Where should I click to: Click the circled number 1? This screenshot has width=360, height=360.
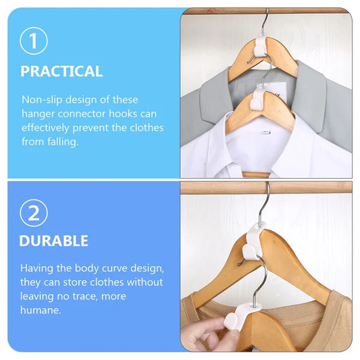pyautogui.click(x=34, y=41)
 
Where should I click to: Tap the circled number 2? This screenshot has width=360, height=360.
pyautogui.click(x=34, y=213)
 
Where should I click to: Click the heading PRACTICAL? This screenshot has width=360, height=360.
pyautogui.click(x=61, y=71)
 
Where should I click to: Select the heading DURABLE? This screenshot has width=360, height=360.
pyautogui.click(x=53, y=240)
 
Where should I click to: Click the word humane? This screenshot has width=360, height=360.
pyautogui.click(x=41, y=310)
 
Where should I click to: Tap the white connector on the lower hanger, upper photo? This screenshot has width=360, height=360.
pyautogui.click(x=259, y=97)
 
